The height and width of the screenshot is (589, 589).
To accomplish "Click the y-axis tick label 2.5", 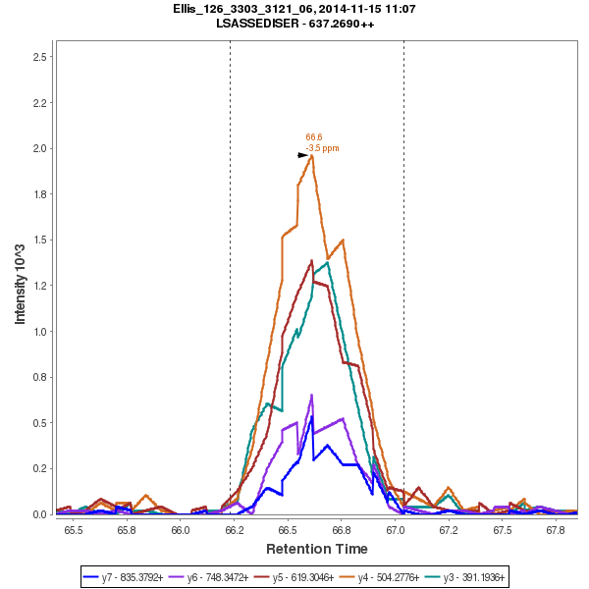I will coord(40,57).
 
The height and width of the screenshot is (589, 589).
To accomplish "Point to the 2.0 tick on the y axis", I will coord(40,148).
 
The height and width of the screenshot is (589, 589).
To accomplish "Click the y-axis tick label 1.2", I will coord(40,286).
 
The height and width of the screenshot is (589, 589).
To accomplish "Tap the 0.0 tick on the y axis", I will coord(40,514).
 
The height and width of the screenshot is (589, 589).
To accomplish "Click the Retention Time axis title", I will coord(317,549).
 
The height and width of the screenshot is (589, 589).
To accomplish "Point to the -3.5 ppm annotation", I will coord(322,148).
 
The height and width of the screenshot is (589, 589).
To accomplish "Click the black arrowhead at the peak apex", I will coord(303,155).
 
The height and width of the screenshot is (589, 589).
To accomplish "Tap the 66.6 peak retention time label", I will coord(314,137).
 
